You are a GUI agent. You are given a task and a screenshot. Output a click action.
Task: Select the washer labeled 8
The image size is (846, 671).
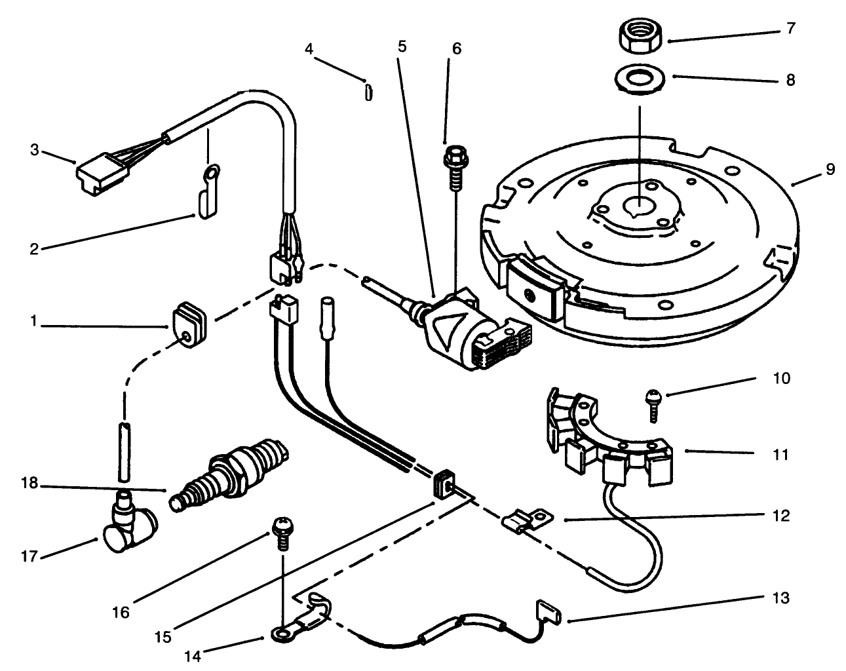[x=641, y=80]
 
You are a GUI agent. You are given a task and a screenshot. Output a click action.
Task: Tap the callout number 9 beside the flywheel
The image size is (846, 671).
[x=830, y=170]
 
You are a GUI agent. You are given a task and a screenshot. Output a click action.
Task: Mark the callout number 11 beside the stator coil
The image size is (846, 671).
[x=780, y=454]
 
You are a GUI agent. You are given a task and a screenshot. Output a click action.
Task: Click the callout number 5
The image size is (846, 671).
[x=402, y=47]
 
